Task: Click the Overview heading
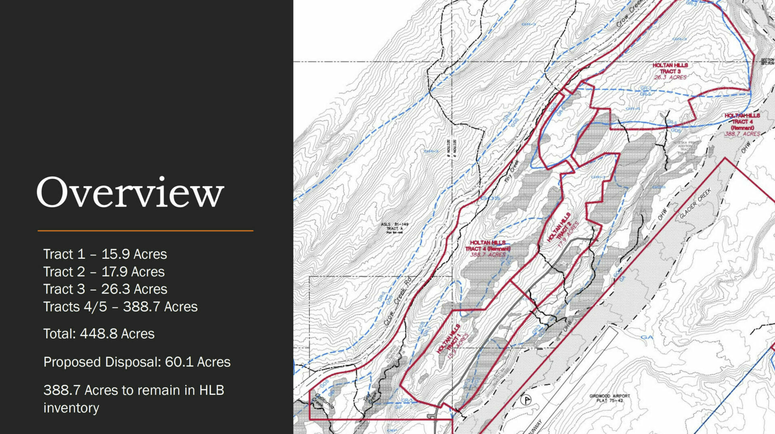[130, 193]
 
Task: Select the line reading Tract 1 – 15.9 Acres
[105, 254]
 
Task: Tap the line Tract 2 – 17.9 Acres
[104, 272]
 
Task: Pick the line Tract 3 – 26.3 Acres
[105, 289]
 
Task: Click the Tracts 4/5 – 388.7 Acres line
[120, 307]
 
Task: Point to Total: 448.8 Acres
[99, 334]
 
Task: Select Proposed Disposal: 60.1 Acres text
[137, 362]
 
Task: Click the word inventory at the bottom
[71, 408]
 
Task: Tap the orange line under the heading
[145, 231]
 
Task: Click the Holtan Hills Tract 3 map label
[670, 71]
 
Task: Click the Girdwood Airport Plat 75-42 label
[609, 398]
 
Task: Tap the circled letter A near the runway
[526, 400]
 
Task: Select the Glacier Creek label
[695, 204]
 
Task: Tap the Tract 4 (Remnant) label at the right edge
[742, 124]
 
